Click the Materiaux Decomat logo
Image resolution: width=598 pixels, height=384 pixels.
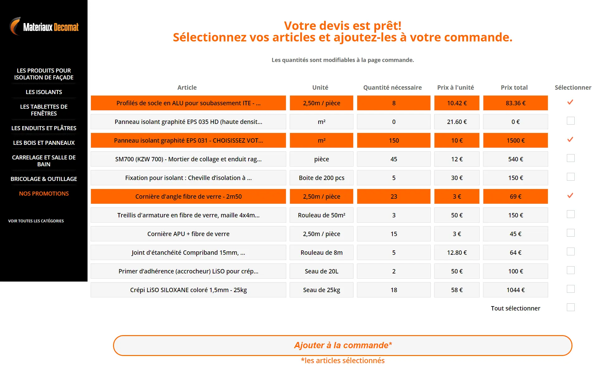coord(44,27)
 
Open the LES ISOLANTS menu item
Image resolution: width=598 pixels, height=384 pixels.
coord(44,92)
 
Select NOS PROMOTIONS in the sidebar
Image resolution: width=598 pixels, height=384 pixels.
coord(44,193)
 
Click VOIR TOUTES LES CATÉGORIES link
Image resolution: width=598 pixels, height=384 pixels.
coord(36,221)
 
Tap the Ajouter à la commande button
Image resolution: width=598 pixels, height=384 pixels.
coord(343,345)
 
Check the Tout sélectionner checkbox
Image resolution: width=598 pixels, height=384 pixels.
coord(571,307)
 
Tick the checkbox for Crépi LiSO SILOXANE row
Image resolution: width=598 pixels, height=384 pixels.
coord(571,289)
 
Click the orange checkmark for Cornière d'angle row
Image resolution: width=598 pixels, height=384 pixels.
coord(570,196)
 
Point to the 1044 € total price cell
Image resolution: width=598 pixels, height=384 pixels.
coord(515,290)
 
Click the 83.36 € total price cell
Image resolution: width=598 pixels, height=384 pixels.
coord(515,103)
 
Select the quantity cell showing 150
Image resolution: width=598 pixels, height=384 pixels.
coord(394,140)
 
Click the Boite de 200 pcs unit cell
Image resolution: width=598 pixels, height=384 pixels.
coord(321,178)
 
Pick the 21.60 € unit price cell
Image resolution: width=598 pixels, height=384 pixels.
coord(457,122)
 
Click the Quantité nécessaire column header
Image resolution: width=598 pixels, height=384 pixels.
coord(392,88)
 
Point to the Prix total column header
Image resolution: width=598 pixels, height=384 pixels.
coord(514,88)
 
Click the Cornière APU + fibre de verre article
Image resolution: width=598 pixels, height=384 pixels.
coord(188,234)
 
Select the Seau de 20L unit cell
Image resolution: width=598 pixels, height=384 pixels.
coord(321,271)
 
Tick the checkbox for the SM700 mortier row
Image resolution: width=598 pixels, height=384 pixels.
coord(571,158)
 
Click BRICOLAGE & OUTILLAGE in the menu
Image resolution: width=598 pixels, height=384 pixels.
coord(44,179)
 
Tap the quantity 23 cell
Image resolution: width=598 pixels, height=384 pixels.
coord(394,197)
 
